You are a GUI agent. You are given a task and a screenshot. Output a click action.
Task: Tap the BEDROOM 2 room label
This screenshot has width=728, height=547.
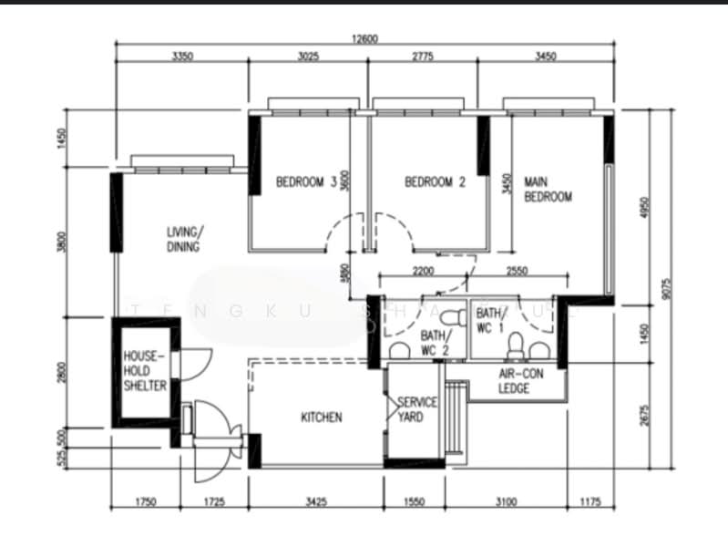[x=435, y=182]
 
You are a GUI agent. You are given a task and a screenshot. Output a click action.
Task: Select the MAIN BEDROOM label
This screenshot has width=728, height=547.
[x=548, y=190]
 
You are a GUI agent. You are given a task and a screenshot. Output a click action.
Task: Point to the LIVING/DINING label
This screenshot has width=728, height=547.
[x=185, y=239]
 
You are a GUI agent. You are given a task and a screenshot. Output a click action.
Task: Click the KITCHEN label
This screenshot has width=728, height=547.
[x=322, y=418]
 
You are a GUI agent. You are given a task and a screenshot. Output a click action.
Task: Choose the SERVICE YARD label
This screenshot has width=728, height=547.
[x=417, y=409]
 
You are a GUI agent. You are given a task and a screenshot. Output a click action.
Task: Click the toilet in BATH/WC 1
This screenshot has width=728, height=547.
[x=516, y=346]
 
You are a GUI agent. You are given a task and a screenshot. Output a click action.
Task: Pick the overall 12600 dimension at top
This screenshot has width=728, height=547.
[x=364, y=38]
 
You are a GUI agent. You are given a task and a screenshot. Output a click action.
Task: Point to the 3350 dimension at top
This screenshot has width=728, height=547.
[x=182, y=57]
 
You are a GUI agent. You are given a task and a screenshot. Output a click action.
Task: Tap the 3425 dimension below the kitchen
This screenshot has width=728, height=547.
[x=315, y=501]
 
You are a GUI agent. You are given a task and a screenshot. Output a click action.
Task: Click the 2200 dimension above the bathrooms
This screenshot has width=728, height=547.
[x=423, y=271]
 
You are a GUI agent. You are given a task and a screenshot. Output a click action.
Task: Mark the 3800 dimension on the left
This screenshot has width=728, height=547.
[x=62, y=243]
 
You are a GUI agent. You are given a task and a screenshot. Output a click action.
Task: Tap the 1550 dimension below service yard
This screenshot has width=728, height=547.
[x=414, y=501]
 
